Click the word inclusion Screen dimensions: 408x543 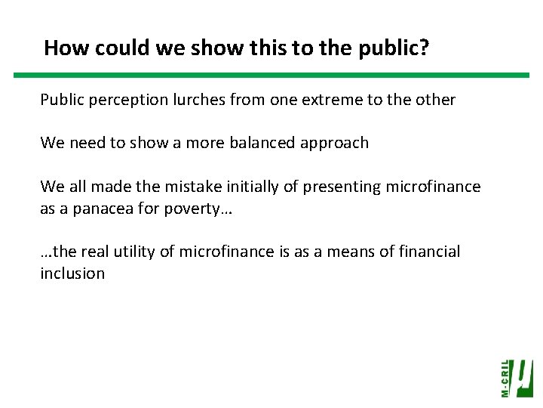pyautogui.click(x=72, y=274)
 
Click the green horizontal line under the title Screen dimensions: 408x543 pyautogui.click(x=271, y=76)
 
